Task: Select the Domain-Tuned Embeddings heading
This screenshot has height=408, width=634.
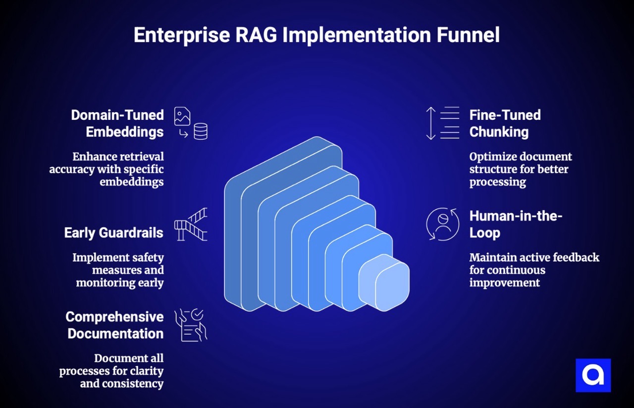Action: [117, 123]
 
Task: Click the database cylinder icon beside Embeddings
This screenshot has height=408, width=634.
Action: [201, 131]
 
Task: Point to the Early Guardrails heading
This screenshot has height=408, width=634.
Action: [114, 233]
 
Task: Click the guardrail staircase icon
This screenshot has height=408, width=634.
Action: [191, 225]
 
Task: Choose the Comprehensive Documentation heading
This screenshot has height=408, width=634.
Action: [115, 325]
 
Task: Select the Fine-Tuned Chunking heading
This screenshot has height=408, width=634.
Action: [505, 123]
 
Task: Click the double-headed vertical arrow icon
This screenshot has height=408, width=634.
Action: [430, 123]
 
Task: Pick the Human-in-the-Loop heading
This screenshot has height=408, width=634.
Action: [516, 224]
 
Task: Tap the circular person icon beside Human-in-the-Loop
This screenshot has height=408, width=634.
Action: [442, 224]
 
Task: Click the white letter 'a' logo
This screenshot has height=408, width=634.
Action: [593, 375]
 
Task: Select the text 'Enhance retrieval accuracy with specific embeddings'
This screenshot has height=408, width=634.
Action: [106, 169]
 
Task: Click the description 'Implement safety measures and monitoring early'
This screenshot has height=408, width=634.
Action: [118, 270]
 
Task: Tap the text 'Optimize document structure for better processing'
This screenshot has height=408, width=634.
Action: [520, 169]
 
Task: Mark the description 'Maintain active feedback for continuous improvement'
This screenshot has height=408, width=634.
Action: [534, 270]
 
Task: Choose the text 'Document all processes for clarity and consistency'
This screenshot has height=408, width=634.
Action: [111, 371]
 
